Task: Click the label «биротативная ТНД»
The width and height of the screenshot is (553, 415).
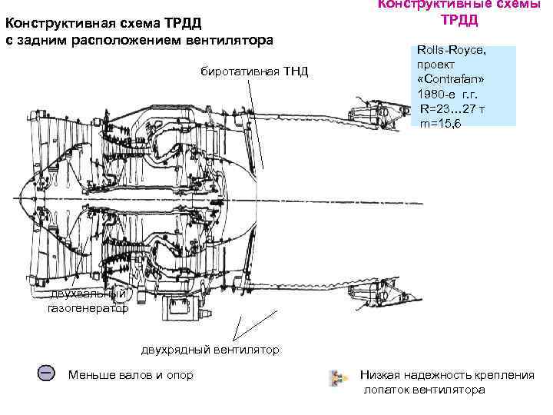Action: pyautogui.click(x=254, y=72)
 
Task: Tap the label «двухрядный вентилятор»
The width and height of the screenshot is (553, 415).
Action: pyautogui.click(x=210, y=350)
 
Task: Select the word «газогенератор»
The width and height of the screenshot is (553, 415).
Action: pyautogui.click(x=88, y=309)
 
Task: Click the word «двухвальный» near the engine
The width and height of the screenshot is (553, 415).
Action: pyautogui.click(x=88, y=294)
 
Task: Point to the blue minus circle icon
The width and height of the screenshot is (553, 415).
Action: pyautogui.click(x=46, y=373)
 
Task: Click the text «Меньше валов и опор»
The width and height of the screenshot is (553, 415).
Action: pyautogui.click(x=131, y=375)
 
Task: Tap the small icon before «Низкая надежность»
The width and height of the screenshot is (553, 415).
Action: pyautogui.click(x=336, y=377)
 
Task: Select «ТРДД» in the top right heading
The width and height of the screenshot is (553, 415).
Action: pyautogui.click(x=459, y=19)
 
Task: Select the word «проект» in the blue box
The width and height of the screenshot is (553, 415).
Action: pyautogui.click(x=435, y=65)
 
